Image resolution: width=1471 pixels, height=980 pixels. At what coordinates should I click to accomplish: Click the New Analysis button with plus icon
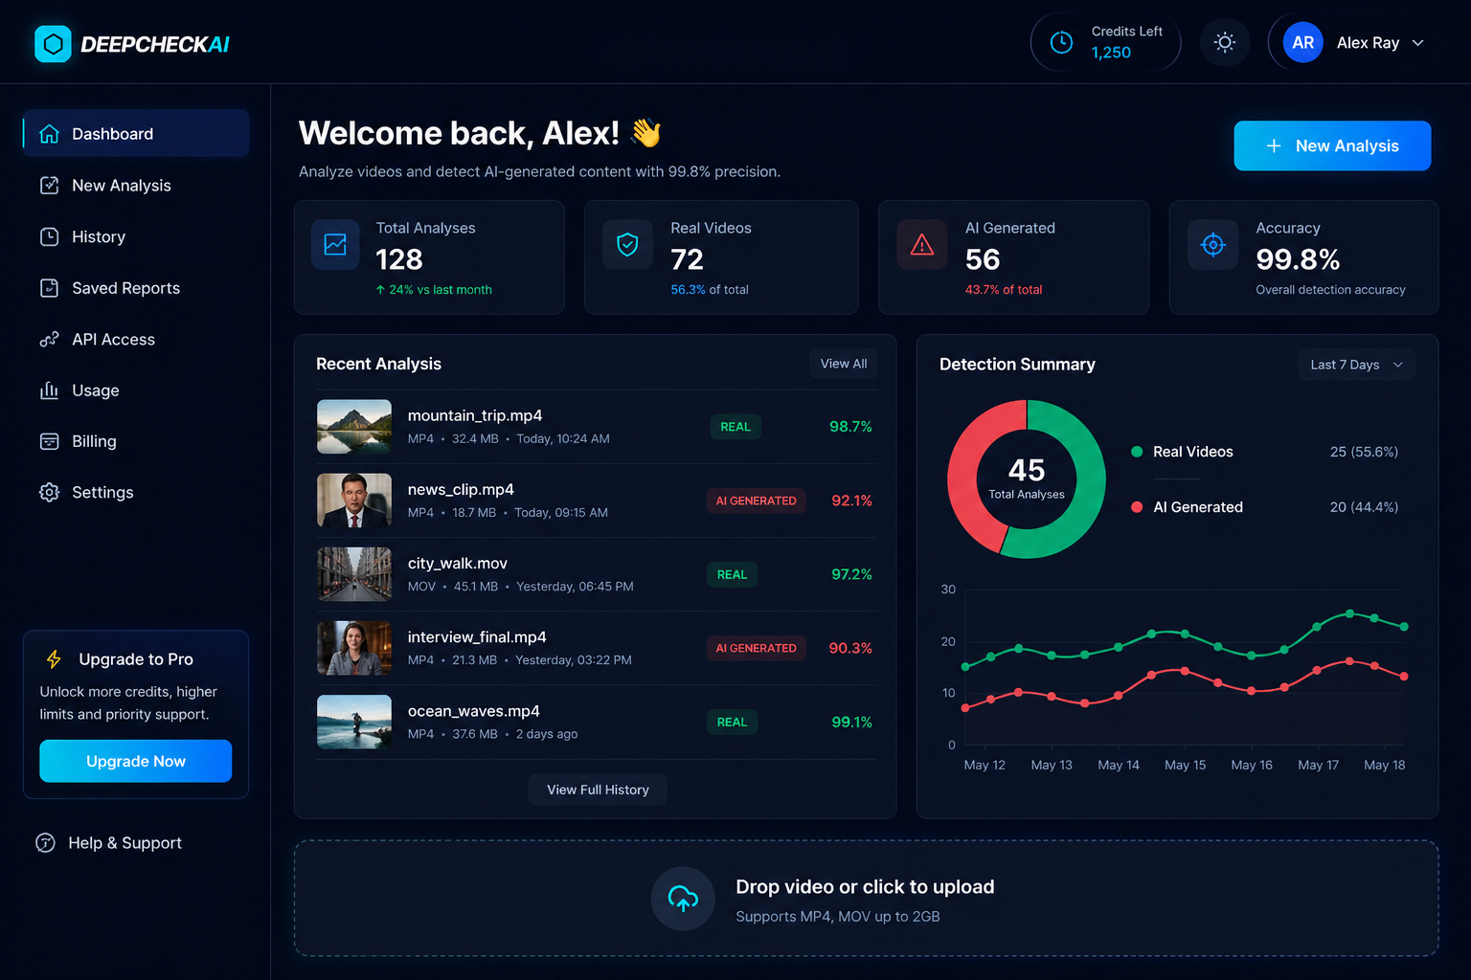(x=1331, y=145)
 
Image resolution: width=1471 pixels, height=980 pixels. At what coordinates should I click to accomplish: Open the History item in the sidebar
(x=98, y=237)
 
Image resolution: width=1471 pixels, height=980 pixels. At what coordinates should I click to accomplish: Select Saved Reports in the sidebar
(x=124, y=288)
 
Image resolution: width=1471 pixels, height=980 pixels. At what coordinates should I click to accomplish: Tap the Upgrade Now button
(x=135, y=761)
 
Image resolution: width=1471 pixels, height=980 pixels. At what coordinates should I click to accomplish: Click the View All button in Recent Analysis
(x=843, y=364)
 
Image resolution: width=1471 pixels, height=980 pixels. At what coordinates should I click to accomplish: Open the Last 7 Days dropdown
(x=1356, y=365)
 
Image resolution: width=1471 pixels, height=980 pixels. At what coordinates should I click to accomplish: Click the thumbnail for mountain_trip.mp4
(x=353, y=426)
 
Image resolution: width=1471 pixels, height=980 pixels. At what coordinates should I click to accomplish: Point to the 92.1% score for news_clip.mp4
(x=851, y=501)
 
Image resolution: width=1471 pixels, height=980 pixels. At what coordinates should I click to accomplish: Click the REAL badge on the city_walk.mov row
(x=732, y=574)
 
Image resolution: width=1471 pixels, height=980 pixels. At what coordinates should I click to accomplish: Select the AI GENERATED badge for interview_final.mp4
(x=756, y=648)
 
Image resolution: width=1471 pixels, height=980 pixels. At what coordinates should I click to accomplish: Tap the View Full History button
(x=598, y=790)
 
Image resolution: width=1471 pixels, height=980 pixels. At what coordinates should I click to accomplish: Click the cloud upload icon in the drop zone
(x=683, y=899)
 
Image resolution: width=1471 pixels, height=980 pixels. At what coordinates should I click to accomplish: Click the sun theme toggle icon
(x=1225, y=42)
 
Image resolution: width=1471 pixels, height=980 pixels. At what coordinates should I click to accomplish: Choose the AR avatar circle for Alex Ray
(x=1302, y=43)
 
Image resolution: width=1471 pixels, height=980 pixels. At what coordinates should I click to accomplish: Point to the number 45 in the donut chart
(x=1027, y=470)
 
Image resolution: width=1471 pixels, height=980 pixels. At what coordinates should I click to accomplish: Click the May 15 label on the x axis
(x=1185, y=765)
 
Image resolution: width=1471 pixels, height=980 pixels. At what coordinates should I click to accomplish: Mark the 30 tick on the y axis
(x=948, y=590)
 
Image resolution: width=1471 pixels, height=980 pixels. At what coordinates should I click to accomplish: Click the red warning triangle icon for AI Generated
(x=921, y=245)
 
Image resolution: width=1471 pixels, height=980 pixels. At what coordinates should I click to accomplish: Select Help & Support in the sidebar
(x=124, y=843)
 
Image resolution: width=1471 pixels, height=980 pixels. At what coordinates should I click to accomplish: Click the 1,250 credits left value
(x=1111, y=53)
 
